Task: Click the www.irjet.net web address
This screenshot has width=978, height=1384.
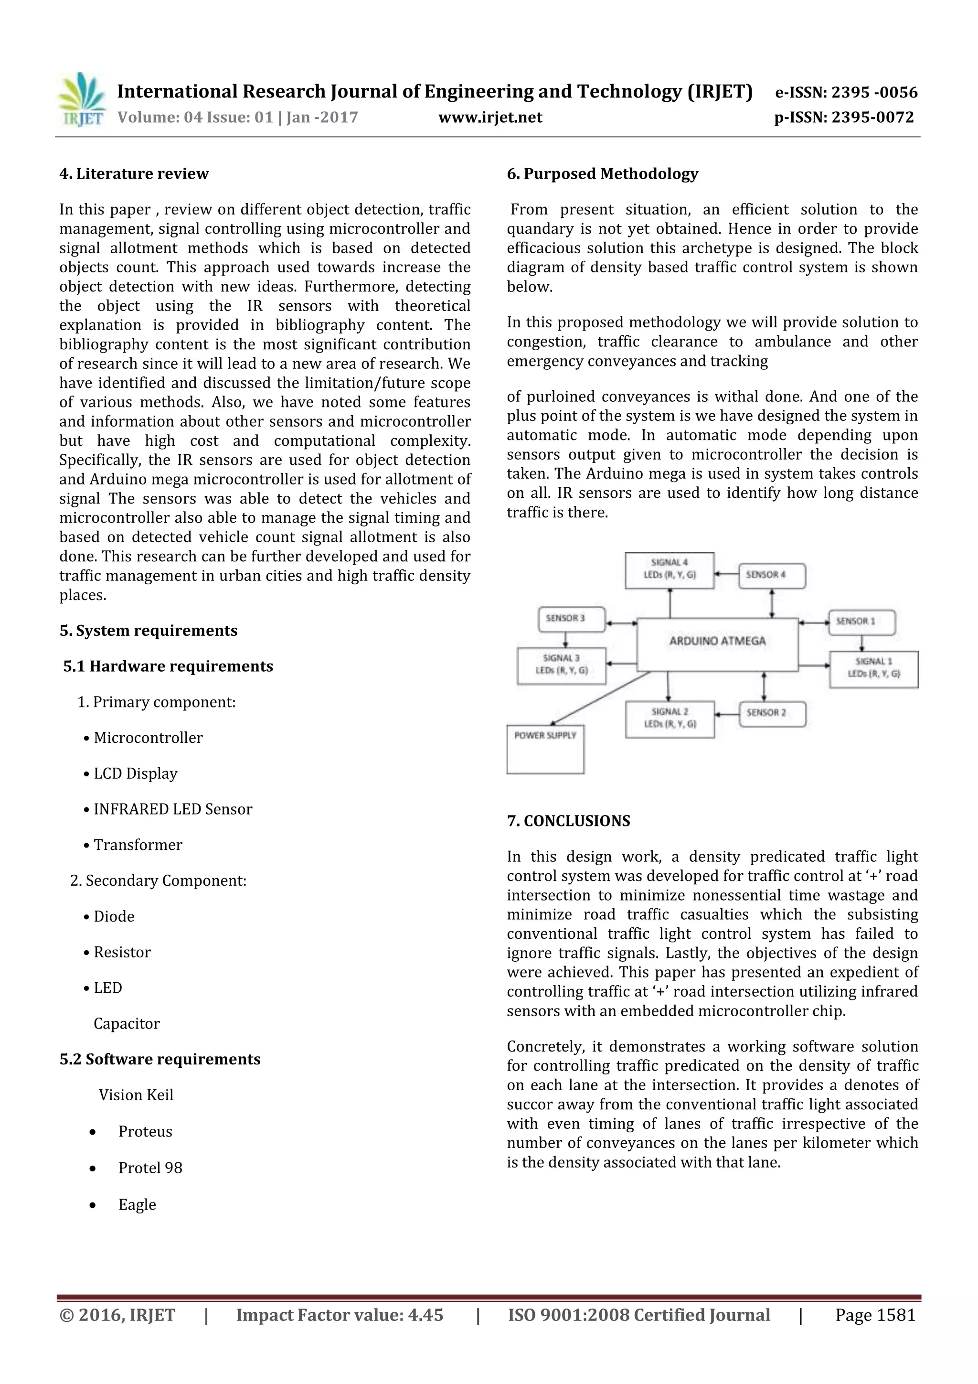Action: [x=490, y=117]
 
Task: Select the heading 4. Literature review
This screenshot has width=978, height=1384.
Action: [x=134, y=173]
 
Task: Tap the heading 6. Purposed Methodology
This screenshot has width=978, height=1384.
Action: [x=602, y=173]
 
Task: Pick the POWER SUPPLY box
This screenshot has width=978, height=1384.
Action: [x=545, y=749]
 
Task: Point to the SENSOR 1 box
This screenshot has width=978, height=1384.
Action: [x=861, y=622]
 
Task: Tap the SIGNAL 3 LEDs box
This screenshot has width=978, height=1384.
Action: [x=561, y=665]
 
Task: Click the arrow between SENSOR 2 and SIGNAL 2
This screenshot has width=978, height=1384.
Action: [x=727, y=714]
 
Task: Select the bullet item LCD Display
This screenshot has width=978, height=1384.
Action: [x=135, y=773]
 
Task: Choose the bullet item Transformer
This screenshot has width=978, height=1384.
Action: [x=138, y=845]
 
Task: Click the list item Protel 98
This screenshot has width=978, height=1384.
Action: [x=150, y=1168]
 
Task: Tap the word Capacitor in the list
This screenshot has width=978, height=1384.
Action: [x=127, y=1023]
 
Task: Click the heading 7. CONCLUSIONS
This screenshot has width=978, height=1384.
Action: [x=568, y=821]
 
